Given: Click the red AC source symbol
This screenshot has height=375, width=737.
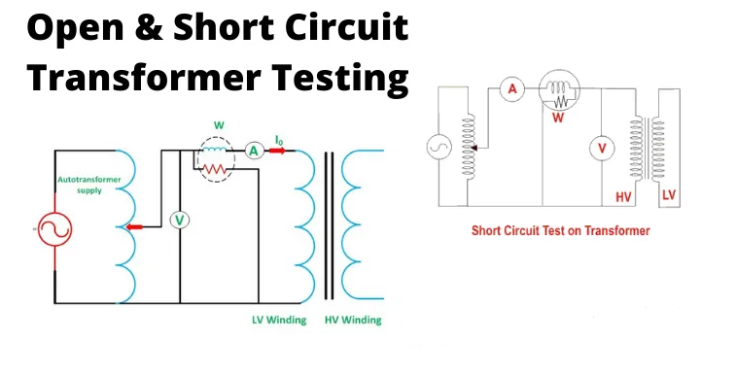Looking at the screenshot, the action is [x=55, y=230].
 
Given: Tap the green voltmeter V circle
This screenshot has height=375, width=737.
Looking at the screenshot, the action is [x=179, y=220].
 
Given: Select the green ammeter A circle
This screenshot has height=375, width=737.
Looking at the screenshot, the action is [x=254, y=151].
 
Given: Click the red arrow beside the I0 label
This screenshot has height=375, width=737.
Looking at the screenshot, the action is [x=277, y=151].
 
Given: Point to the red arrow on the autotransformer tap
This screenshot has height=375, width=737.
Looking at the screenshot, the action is [x=134, y=227].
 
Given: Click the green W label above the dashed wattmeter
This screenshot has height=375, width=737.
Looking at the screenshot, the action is [x=219, y=125].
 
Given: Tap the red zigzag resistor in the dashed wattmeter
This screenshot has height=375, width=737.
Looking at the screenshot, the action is [x=214, y=169].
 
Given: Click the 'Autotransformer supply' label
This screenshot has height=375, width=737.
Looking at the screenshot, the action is [x=89, y=185].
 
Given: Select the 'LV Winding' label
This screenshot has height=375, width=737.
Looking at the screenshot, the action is [x=279, y=320].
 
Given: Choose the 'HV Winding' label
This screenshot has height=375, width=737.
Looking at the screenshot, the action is [x=353, y=320].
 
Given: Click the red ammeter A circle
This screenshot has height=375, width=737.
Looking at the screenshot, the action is [x=511, y=88].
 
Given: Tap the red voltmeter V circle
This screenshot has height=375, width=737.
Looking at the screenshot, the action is [x=602, y=149].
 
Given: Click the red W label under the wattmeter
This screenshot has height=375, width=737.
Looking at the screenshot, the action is [x=558, y=117].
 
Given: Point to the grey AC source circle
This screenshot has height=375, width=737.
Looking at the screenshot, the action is [x=439, y=147].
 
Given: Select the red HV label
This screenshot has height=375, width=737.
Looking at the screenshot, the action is [x=623, y=197].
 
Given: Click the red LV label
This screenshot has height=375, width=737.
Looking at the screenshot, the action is [x=668, y=194].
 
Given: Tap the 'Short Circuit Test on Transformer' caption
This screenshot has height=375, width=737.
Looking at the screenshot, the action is [x=560, y=231].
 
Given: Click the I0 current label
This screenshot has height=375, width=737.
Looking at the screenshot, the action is [x=279, y=140].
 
